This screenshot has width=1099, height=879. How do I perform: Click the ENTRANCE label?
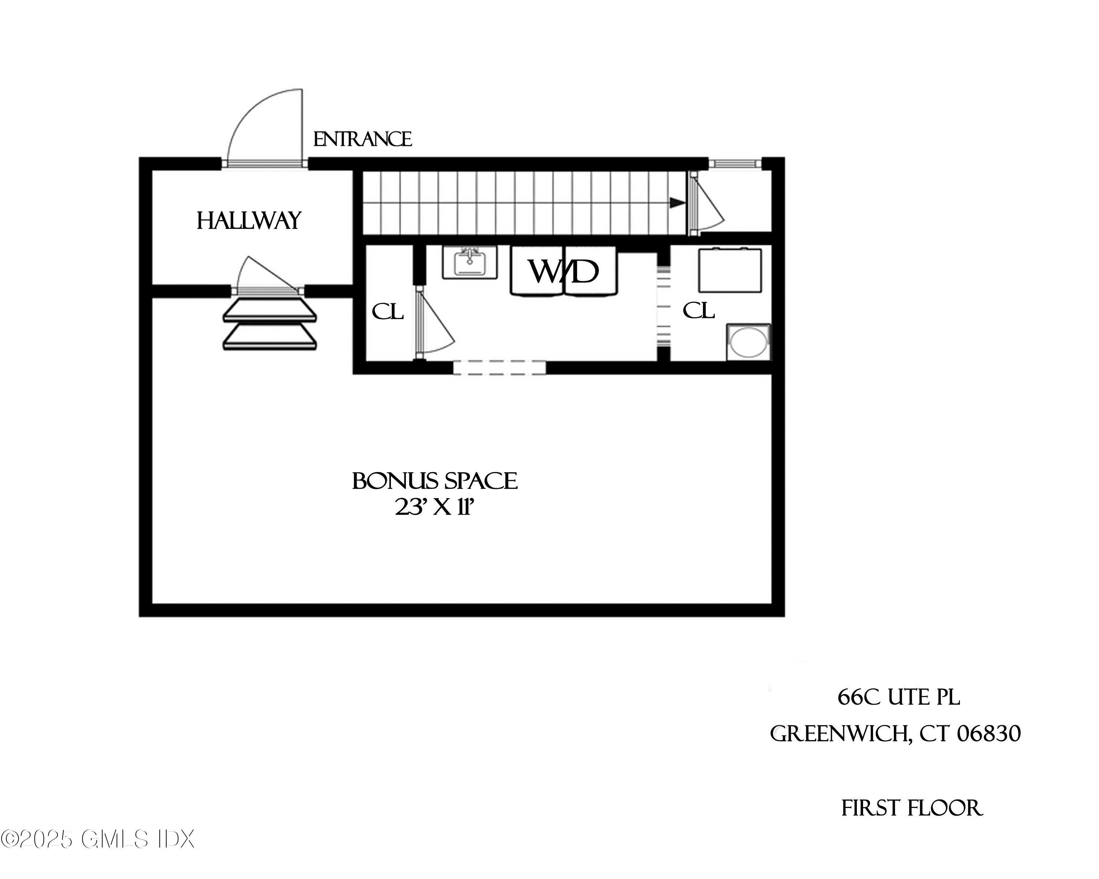click(362, 139)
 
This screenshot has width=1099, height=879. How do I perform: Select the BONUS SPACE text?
click(435, 481)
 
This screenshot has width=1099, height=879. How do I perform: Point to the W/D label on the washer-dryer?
click(563, 272)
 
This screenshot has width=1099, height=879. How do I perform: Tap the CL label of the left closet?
click(388, 311)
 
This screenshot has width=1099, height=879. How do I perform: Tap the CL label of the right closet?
click(698, 310)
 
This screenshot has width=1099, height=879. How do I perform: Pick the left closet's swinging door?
click(433, 323)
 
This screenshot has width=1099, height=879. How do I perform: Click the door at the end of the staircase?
click(706, 204)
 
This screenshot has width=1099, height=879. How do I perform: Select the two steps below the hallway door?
click(270, 324)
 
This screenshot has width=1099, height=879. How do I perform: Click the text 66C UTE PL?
click(898, 697)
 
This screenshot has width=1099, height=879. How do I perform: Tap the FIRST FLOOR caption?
click(911, 808)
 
